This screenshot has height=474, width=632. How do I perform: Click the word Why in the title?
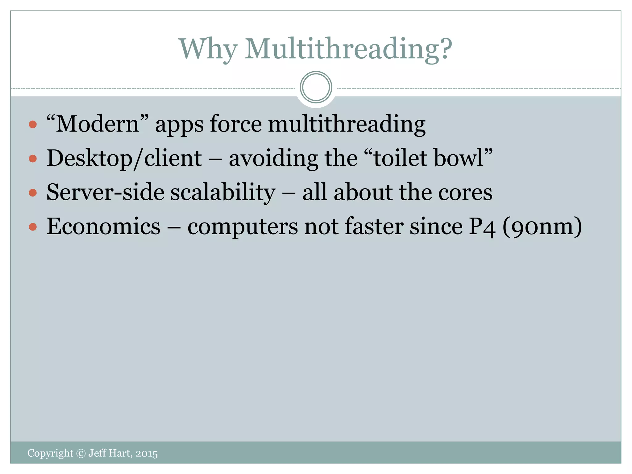(x=209, y=49)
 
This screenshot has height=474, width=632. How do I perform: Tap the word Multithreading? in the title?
(x=348, y=49)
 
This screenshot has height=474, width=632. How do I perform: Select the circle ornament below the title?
(x=316, y=87)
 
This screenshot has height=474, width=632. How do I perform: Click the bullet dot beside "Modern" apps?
(x=33, y=125)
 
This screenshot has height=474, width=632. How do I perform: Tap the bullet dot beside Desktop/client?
(x=33, y=159)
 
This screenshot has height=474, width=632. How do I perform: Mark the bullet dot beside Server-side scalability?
(x=33, y=193)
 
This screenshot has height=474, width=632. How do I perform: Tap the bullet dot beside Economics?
(x=33, y=227)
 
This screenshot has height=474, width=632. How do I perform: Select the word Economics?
(x=103, y=227)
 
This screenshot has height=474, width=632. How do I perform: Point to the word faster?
(x=374, y=227)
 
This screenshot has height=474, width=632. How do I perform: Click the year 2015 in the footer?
(x=146, y=453)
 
